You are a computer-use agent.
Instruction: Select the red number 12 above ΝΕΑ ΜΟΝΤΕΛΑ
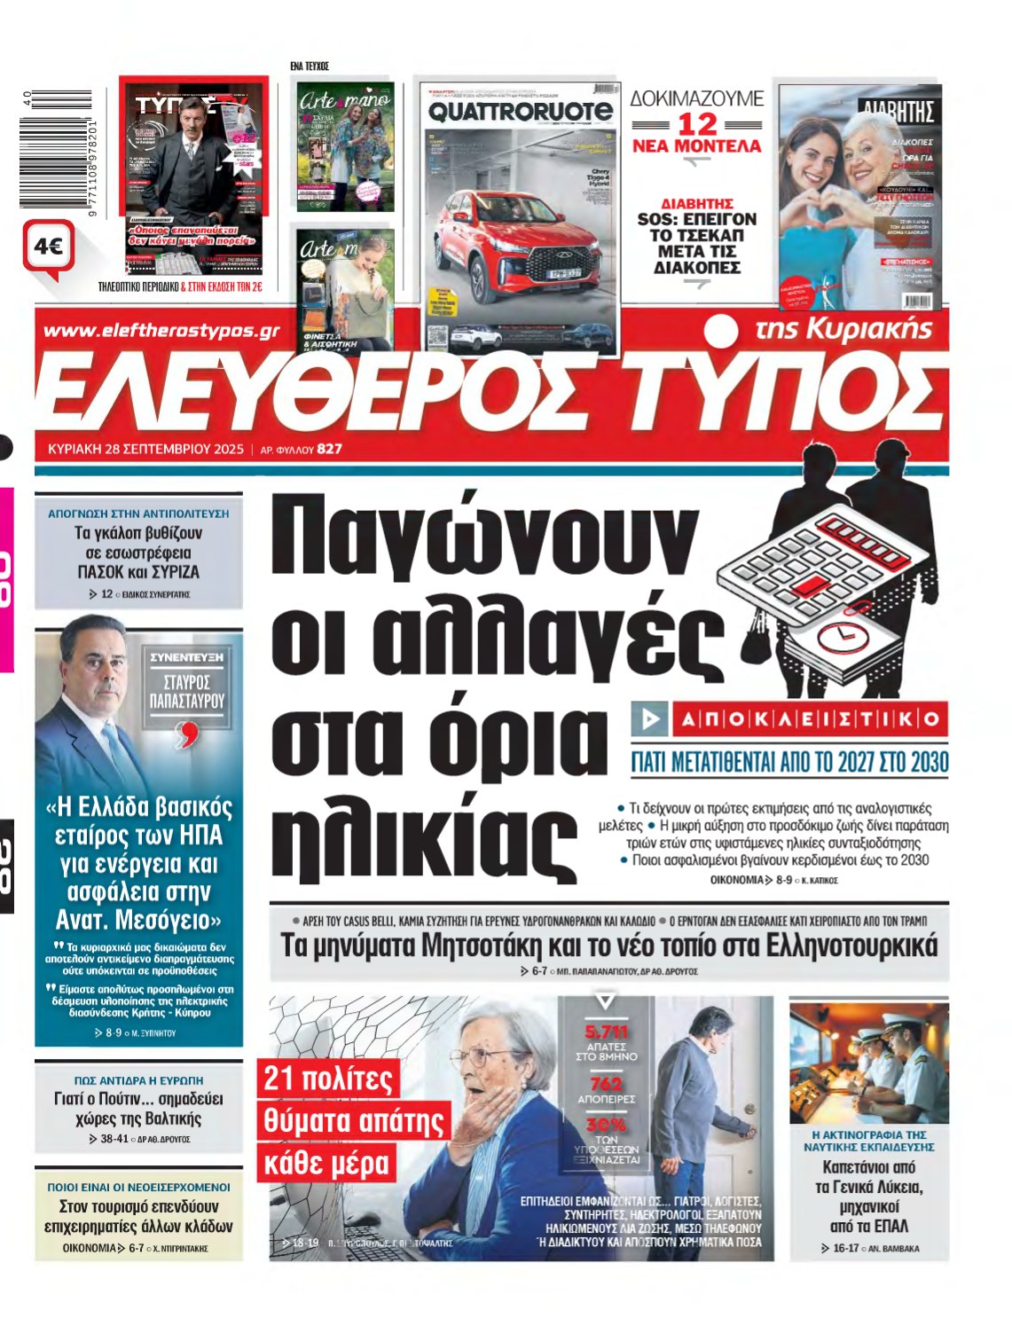click(x=697, y=125)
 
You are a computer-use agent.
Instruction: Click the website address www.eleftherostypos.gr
click(x=161, y=332)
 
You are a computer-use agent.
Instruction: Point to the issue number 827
click(x=330, y=449)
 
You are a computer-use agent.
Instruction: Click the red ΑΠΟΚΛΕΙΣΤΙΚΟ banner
click(x=788, y=719)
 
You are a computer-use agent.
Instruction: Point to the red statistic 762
click(x=607, y=1083)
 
